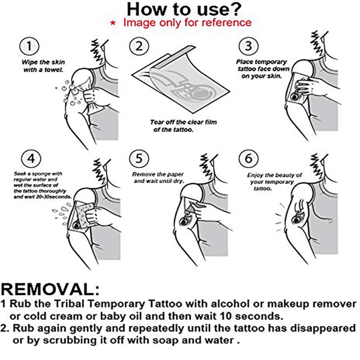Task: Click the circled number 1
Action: point(29,46)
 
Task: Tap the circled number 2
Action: point(139,46)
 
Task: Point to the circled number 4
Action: point(29,159)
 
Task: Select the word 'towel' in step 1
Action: point(54,70)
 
